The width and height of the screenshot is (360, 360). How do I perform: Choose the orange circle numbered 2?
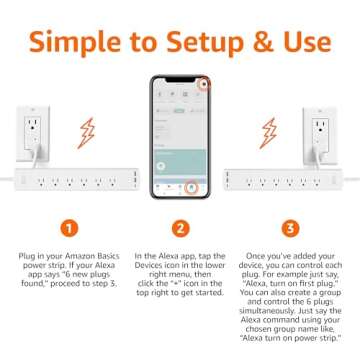pyautogui.click(x=180, y=227)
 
